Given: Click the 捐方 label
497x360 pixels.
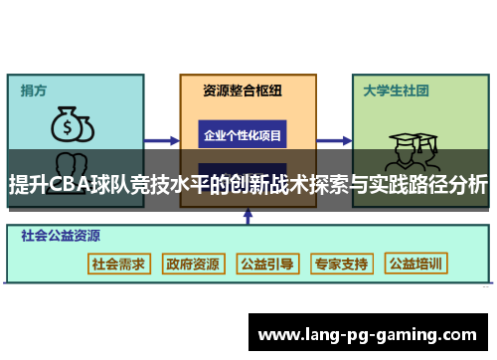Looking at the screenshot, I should [33, 90].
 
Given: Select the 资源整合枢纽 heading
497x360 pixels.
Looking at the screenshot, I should [242, 90].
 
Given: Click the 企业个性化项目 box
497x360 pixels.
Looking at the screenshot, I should [242, 134].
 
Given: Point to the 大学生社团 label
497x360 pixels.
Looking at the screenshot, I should [396, 90].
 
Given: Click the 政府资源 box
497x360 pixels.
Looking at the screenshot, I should [192, 265].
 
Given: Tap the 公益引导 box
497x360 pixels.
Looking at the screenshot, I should [267, 265].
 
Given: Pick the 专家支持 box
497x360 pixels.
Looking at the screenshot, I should [341, 265].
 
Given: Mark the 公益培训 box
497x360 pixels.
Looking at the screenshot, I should [416, 265].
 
